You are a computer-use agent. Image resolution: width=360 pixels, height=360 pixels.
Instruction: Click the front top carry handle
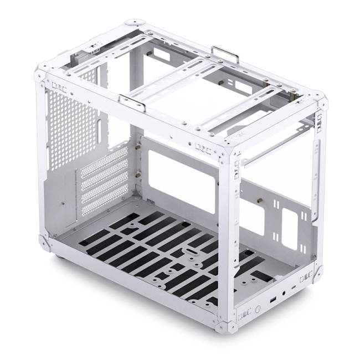click(x=132, y=102)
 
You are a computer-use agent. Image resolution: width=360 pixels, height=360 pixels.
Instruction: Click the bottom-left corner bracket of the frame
click(x=43, y=241)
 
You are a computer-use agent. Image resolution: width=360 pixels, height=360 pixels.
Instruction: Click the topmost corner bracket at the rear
click(x=133, y=24)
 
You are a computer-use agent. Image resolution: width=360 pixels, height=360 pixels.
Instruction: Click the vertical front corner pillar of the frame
click(x=228, y=233)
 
